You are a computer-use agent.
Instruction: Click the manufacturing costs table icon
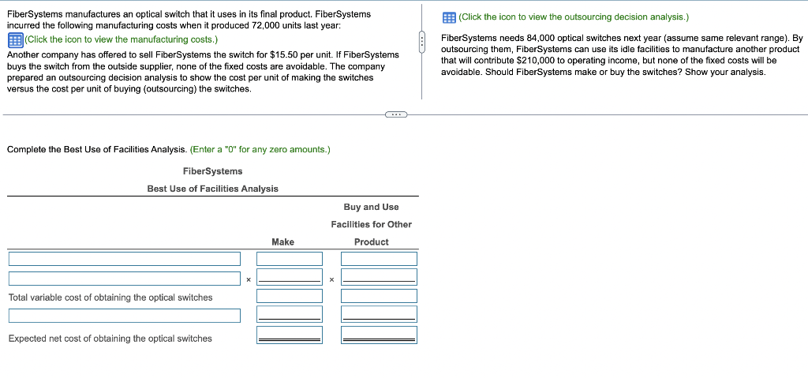(x=14, y=39)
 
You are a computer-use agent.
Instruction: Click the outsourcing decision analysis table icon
(x=449, y=17)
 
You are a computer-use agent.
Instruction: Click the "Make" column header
(x=282, y=242)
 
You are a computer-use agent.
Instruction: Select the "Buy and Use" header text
(x=371, y=207)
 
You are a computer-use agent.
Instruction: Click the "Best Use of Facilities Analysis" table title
(x=212, y=189)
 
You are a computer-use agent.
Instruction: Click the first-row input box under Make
(x=290, y=259)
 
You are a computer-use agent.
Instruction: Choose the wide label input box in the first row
(x=125, y=259)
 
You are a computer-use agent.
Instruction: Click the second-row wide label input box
(x=125, y=279)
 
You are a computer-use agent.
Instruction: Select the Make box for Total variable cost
(x=290, y=297)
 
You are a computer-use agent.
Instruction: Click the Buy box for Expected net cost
(x=379, y=335)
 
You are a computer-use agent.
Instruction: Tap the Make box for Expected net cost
(x=290, y=335)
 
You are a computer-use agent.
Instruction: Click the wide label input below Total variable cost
(x=125, y=316)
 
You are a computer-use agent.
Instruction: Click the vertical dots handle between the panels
(x=422, y=40)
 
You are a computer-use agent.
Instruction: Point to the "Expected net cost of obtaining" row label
(x=110, y=339)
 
